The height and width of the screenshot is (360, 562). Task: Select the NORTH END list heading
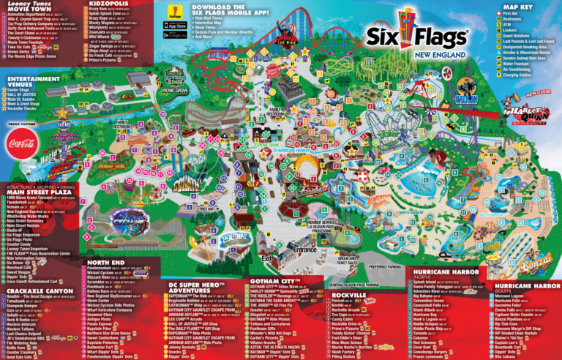(x=106, y=262)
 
